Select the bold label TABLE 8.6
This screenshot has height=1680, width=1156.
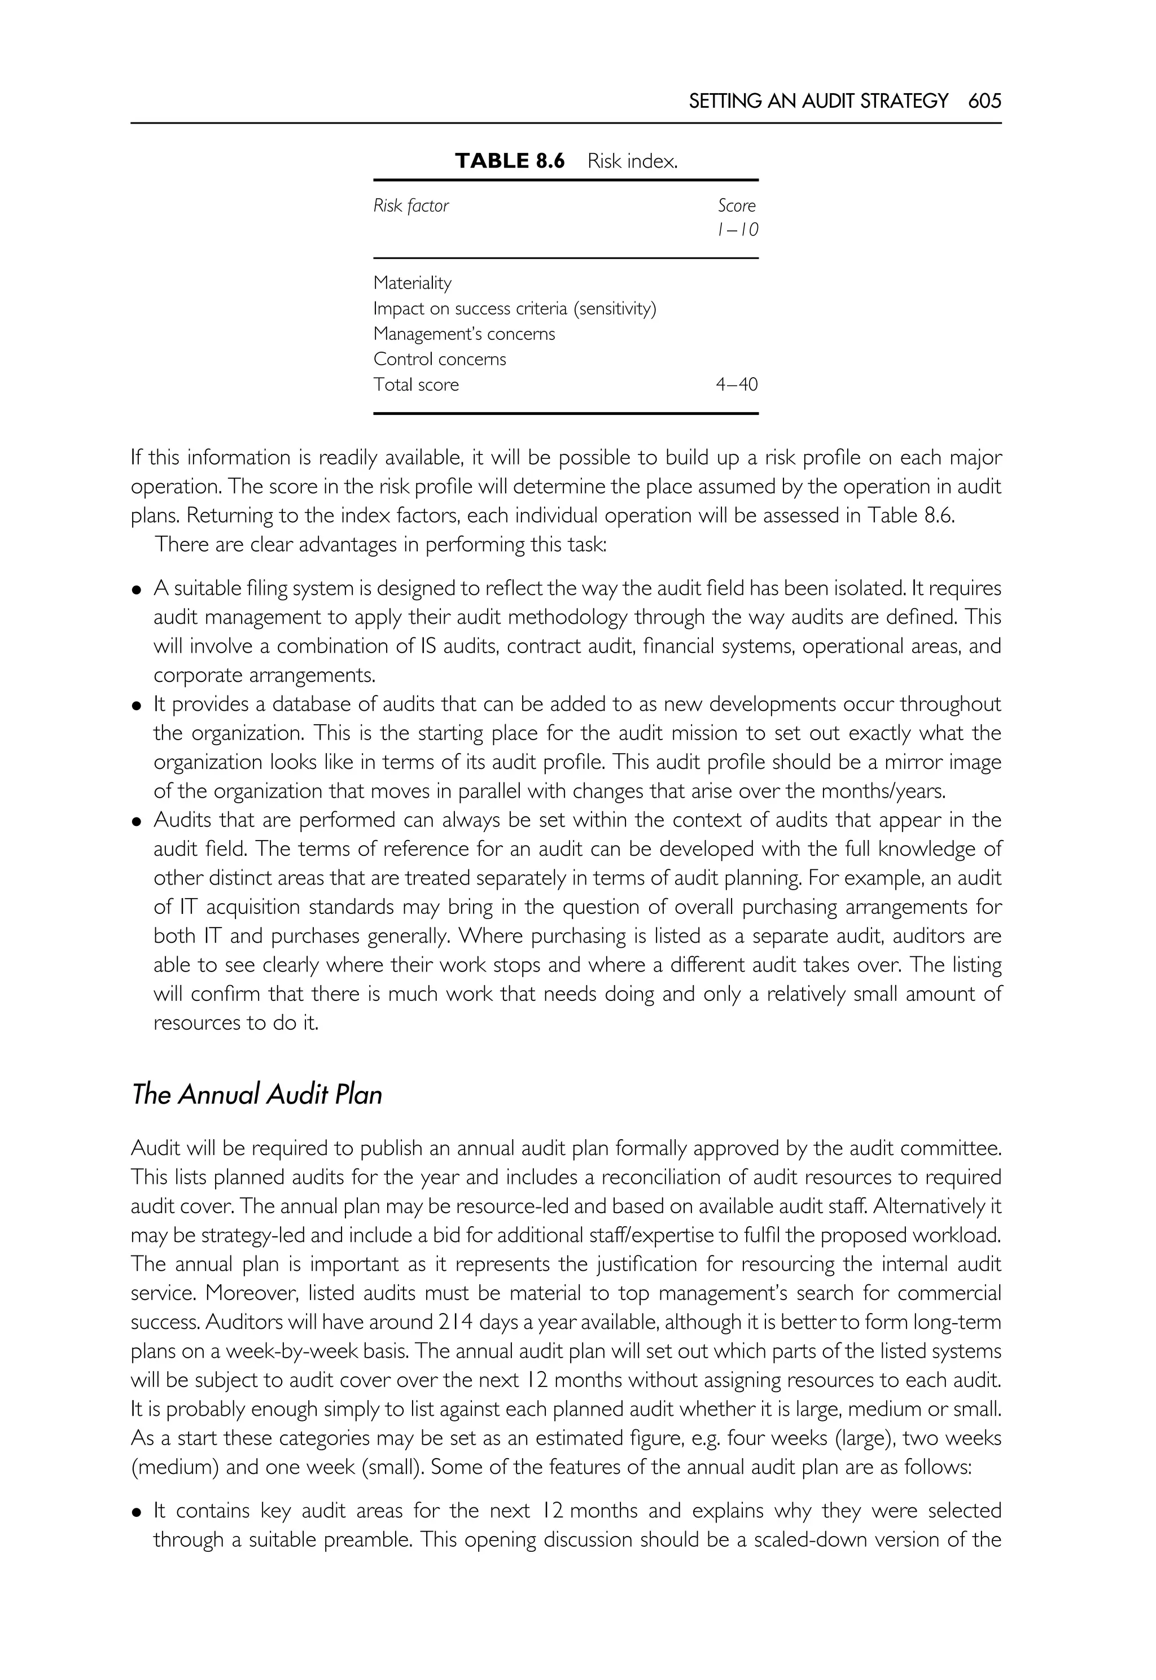pyautogui.click(x=509, y=161)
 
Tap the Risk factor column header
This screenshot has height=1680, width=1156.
pyautogui.click(x=411, y=205)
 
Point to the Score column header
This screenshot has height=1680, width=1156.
pyautogui.click(x=737, y=205)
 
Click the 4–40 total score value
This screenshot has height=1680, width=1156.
pyautogui.click(x=737, y=384)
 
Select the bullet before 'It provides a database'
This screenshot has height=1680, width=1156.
pyautogui.click(x=136, y=705)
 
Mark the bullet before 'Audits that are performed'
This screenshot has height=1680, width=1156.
pyautogui.click(x=136, y=821)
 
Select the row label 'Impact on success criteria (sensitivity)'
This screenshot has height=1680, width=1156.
pyautogui.click(x=514, y=309)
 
